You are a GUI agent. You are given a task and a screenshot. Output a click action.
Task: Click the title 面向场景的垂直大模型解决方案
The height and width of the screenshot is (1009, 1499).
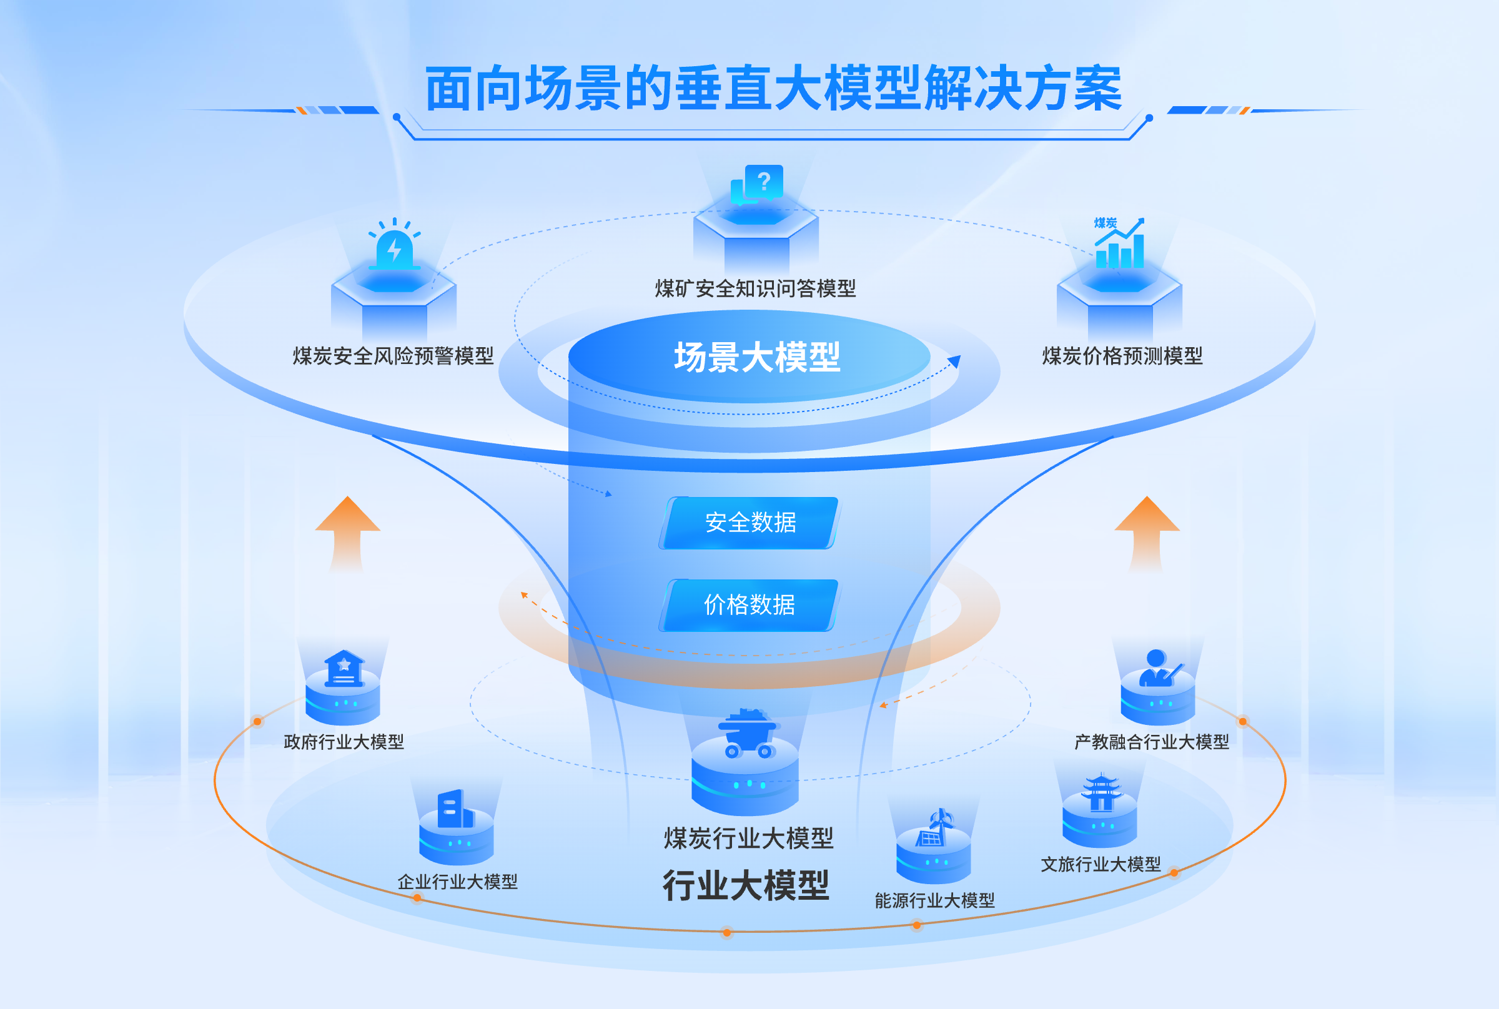(774, 89)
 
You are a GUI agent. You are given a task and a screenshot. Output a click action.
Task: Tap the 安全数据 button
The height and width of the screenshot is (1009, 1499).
(750, 523)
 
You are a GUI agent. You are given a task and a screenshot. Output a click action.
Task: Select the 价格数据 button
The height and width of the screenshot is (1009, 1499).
(749, 605)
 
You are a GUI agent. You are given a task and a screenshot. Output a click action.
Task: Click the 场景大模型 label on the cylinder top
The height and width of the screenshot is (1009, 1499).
(757, 357)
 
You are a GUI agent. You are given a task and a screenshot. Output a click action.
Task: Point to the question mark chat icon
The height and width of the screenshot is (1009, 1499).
(758, 184)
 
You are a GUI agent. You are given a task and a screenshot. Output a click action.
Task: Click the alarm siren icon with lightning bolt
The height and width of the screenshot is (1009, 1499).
(394, 248)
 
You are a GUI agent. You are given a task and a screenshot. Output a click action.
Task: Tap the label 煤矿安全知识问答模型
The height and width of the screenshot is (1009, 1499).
(756, 288)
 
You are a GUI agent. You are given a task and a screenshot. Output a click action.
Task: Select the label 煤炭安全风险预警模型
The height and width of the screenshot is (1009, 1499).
(393, 356)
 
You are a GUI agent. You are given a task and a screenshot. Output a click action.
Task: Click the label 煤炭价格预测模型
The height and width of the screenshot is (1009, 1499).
(1122, 356)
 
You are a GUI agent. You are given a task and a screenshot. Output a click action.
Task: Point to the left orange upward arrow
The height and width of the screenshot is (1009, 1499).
(347, 531)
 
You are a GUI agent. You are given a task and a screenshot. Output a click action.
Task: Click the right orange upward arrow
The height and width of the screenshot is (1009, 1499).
(1146, 531)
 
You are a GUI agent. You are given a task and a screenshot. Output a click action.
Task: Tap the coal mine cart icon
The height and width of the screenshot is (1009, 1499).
(746, 734)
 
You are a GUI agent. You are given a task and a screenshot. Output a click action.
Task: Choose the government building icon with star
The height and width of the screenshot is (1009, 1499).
(344, 669)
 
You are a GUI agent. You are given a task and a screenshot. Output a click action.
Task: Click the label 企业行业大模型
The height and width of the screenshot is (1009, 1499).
(457, 882)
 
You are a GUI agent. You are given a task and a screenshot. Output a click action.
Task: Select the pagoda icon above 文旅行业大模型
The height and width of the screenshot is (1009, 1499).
(1101, 793)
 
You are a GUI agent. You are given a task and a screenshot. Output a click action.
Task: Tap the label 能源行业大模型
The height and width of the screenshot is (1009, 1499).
(934, 900)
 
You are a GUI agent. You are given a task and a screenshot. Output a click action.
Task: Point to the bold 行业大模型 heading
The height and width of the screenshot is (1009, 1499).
(746, 885)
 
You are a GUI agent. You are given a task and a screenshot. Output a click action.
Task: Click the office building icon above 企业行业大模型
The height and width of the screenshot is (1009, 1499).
(455, 810)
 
